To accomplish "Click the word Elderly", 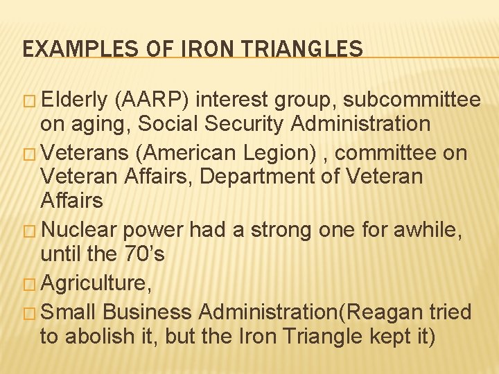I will click(x=74, y=100).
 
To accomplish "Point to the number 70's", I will click(x=142, y=254).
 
